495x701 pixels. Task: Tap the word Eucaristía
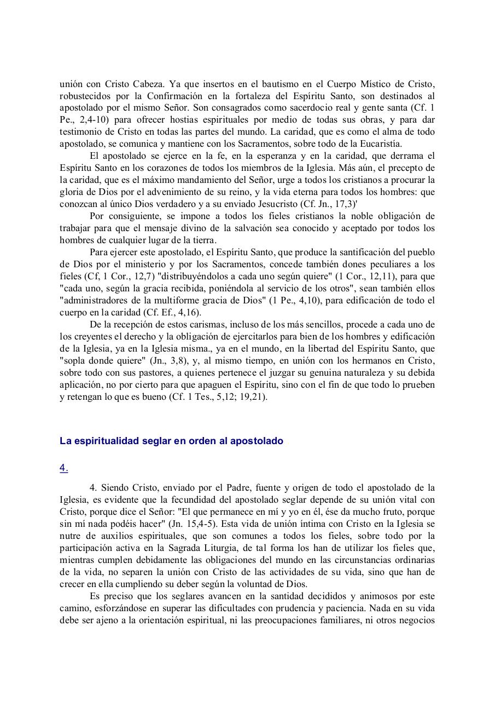[x=378, y=144]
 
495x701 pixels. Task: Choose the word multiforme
[x=196, y=301]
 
